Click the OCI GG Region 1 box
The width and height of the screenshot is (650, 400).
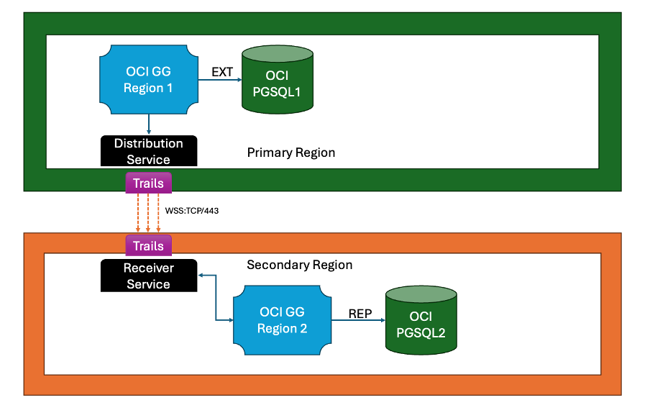point(148,79)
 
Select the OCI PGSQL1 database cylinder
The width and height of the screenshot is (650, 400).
point(277,80)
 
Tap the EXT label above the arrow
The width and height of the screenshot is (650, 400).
point(221,71)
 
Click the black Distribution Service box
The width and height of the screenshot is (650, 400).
point(148,151)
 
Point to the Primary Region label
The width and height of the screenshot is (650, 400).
point(290,153)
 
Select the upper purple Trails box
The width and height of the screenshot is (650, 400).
point(148,183)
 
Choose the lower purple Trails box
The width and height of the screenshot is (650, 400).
point(148,246)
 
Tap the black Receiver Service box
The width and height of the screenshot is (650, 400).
point(148,276)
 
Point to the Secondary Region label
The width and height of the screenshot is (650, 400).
point(299,265)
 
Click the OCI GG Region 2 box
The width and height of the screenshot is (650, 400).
point(282,320)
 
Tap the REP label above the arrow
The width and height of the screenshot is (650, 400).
point(360,314)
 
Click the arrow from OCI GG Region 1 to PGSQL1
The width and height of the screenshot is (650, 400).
point(220,81)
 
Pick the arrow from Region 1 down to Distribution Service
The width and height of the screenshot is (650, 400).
point(148,124)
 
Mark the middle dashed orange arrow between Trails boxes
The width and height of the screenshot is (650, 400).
point(148,214)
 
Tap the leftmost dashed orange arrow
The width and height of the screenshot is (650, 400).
point(138,214)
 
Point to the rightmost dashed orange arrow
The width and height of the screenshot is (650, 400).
point(158,214)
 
